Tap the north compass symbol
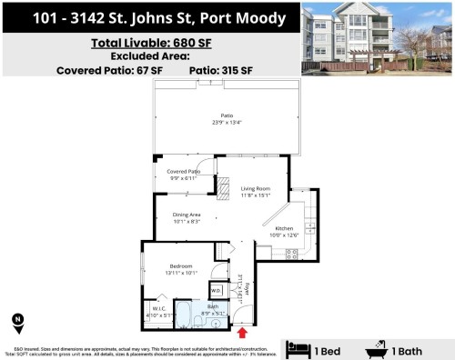click(18, 320)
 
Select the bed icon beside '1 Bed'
click(298, 349)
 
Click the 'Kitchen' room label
click(284, 229)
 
